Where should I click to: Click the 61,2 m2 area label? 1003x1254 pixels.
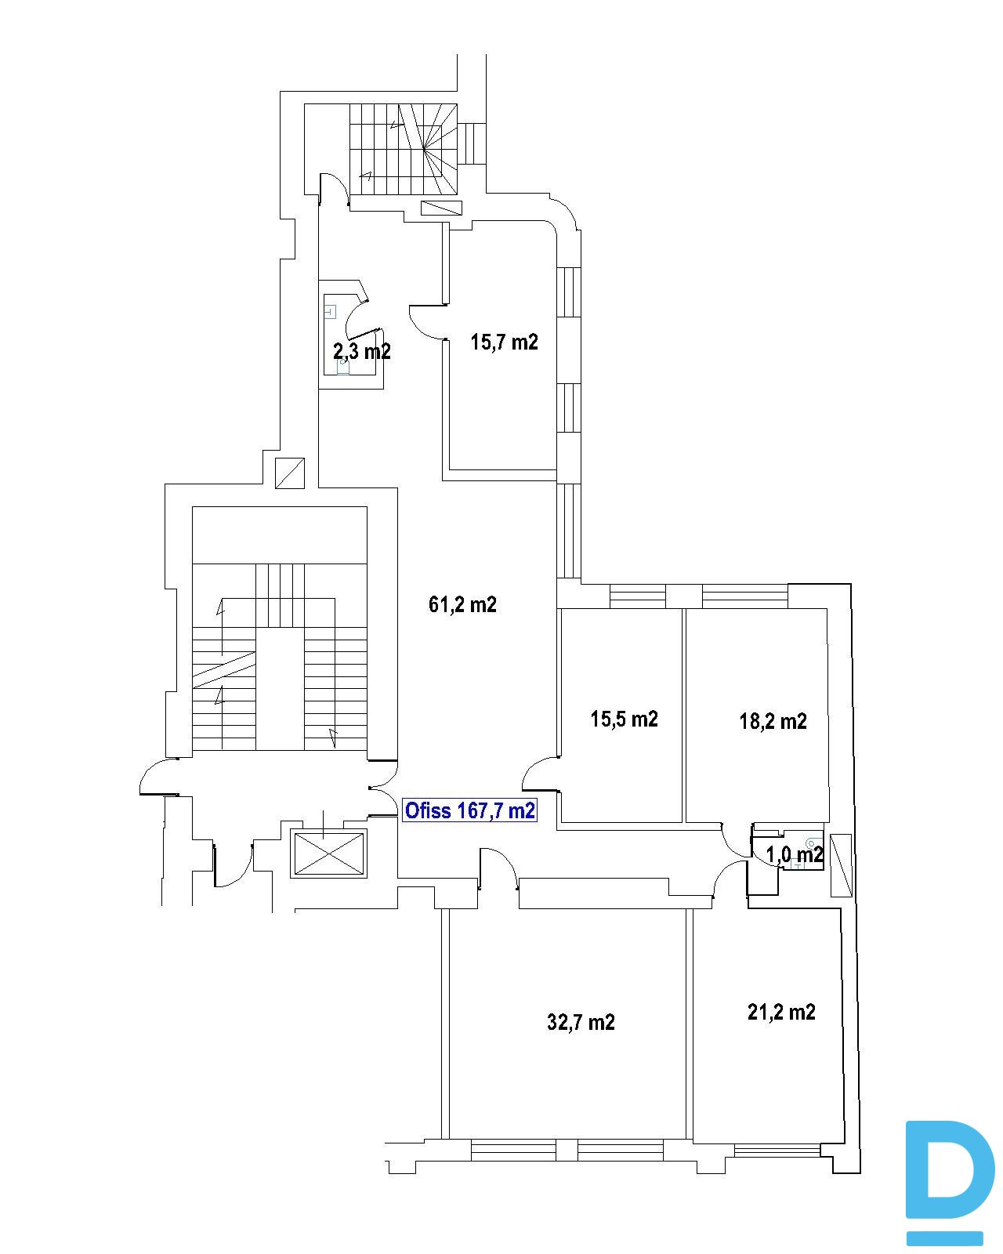click(x=462, y=605)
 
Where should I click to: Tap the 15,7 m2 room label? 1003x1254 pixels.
click(x=504, y=342)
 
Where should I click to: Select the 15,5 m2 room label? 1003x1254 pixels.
click(x=625, y=719)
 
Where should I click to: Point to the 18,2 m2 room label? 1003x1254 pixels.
click(x=773, y=722)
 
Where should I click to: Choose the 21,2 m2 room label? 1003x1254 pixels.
click(x=781, y=1012)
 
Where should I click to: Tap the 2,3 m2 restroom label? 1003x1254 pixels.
click(x=361, y=351)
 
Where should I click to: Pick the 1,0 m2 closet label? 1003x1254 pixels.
click(x=795, y=855)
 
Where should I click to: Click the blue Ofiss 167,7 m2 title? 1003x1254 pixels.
click(x=469, y=810)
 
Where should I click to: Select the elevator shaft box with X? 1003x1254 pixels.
click(x=329, y=854)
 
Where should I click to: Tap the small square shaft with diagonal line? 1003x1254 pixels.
click(x=290, y=473)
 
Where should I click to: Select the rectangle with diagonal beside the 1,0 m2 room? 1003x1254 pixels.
click(x=840, y=865)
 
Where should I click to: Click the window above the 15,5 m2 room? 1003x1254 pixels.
click(x=637, y=596)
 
